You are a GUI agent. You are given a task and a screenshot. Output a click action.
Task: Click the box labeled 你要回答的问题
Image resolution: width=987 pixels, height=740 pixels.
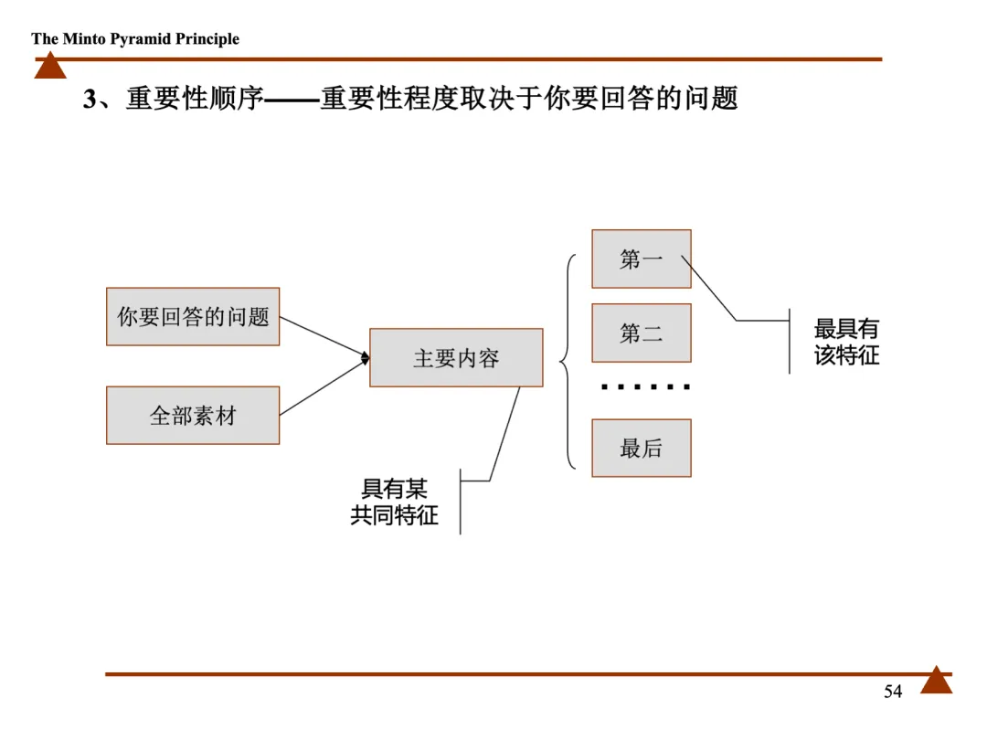tap(193, 316)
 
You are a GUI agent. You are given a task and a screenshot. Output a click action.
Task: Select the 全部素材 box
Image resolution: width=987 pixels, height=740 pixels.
tap(193, 416)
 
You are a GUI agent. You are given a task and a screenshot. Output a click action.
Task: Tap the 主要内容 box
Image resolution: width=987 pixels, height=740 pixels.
tap(456, 357)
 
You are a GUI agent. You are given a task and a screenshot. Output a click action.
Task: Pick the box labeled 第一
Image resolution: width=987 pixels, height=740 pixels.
tap(641, 259)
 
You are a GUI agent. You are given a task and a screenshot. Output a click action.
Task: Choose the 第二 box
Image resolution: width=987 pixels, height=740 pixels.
tap(641, 333)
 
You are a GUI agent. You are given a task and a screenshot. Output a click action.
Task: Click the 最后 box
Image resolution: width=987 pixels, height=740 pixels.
tap(641, 448)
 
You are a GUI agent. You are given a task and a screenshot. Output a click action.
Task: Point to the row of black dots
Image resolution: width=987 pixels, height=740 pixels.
tap(645, 387)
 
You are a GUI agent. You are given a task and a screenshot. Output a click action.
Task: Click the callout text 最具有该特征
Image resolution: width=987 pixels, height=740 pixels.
tap(846, 342)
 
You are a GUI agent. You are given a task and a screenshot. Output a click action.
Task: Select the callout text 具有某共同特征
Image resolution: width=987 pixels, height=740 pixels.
tap(395, 502)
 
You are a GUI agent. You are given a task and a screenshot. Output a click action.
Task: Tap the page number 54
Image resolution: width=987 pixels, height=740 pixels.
tap(893, 692)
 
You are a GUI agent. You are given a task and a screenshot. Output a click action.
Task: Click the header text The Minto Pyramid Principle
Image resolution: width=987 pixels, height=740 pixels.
tap(135, 38)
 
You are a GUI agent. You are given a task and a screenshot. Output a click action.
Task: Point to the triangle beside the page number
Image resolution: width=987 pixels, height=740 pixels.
tap(936, 681)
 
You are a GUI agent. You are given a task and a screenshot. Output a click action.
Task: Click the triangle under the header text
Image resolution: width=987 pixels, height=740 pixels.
tap(50, 66)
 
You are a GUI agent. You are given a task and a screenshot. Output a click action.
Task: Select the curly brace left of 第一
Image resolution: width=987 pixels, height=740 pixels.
tap(567, 361)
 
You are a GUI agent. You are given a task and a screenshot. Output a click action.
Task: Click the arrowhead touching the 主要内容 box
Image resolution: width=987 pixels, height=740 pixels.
tap(364, 358)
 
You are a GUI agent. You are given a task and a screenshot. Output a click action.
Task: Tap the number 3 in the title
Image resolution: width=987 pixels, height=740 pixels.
tap(89, 99)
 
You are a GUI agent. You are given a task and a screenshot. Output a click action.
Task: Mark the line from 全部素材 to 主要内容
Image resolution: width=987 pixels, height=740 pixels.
tap(322, 388)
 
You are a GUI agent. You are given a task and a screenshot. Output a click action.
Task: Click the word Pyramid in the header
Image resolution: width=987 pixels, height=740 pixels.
tap(138, 38)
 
